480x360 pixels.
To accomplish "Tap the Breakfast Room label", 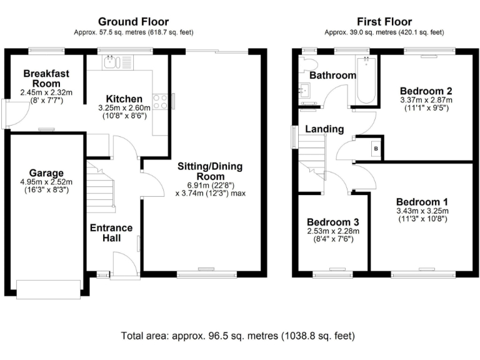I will click(42, 79).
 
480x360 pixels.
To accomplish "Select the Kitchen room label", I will click(124, 99).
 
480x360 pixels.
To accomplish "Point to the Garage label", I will click(46, 173).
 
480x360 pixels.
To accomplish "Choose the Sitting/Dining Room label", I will click(210, 171).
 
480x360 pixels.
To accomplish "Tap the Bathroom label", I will click(333, 76).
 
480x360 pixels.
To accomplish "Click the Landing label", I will click(324, 129).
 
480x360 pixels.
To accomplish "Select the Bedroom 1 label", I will click(422, 202).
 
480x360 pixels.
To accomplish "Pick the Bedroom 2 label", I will click(426, 90).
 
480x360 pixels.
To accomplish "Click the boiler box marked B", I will click(376, 148).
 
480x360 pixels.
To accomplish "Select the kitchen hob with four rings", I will click(160, 101).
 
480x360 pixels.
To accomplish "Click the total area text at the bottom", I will click(239, 336).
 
